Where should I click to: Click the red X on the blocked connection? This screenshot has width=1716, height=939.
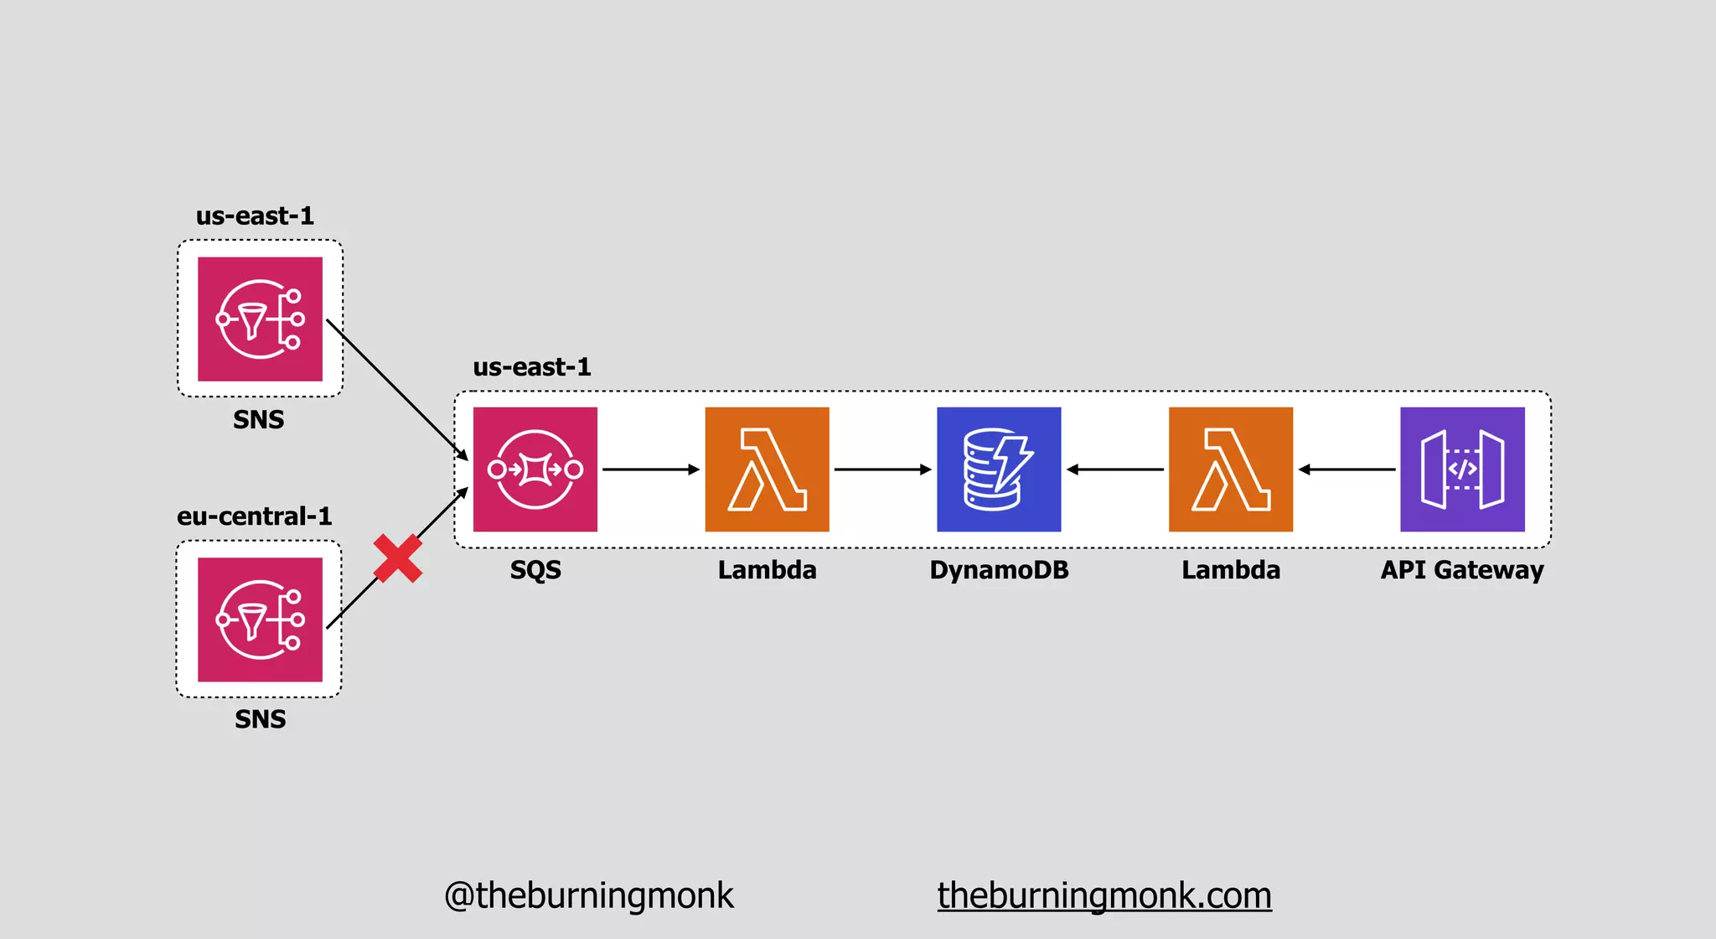pyautogui.click(x=397, y=558)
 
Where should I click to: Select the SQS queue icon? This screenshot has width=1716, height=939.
pyautogui.click(x=535, y=469)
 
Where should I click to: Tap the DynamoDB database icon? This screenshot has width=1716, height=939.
pyautogui.click(x=999, y=469)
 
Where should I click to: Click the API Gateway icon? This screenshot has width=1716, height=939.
pyautogui.click(x=1462, y=469)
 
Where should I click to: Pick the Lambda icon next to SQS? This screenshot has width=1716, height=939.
pyautogui.click(x=767, y=469)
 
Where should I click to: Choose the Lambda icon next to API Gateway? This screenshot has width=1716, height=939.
pyautogui.click(x=1230, y=469)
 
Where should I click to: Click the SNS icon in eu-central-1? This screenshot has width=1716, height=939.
pyautogui.click(x=260, y=620)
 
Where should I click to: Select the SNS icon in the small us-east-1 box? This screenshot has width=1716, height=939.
pyautogui.click(x=260, y=319)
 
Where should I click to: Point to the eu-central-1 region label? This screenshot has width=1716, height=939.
pyautogui.click(x=254, y=516)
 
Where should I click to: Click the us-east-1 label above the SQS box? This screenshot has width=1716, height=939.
pyautogui.click(x=532, y=367)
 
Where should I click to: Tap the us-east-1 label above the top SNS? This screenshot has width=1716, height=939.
pyautogui.click(x=255, y=216)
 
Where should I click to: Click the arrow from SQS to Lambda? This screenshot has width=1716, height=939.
pyautogui.click(x=651, y=469)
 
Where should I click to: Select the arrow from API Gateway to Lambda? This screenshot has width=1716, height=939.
pyautogui.click(x=1346, y=469)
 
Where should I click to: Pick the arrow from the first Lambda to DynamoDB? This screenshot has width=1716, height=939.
pyautogui.click(x=882, y=469)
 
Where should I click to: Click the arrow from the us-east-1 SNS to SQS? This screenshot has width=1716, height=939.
pyautogui.click(x=396, y=389)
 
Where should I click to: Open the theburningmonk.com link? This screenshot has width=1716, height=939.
pyautogui.click(x=1104, y=895)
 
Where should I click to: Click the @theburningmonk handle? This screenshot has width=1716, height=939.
pyautogui.click(x=588, y=895)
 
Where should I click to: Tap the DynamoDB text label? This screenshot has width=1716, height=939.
pyautogui.click(x=999, y=570)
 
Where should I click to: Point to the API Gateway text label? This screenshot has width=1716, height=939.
pyautogui.click(x=1462, y=570)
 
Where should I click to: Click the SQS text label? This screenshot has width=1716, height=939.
pyautogui.click(x=535, y=570)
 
